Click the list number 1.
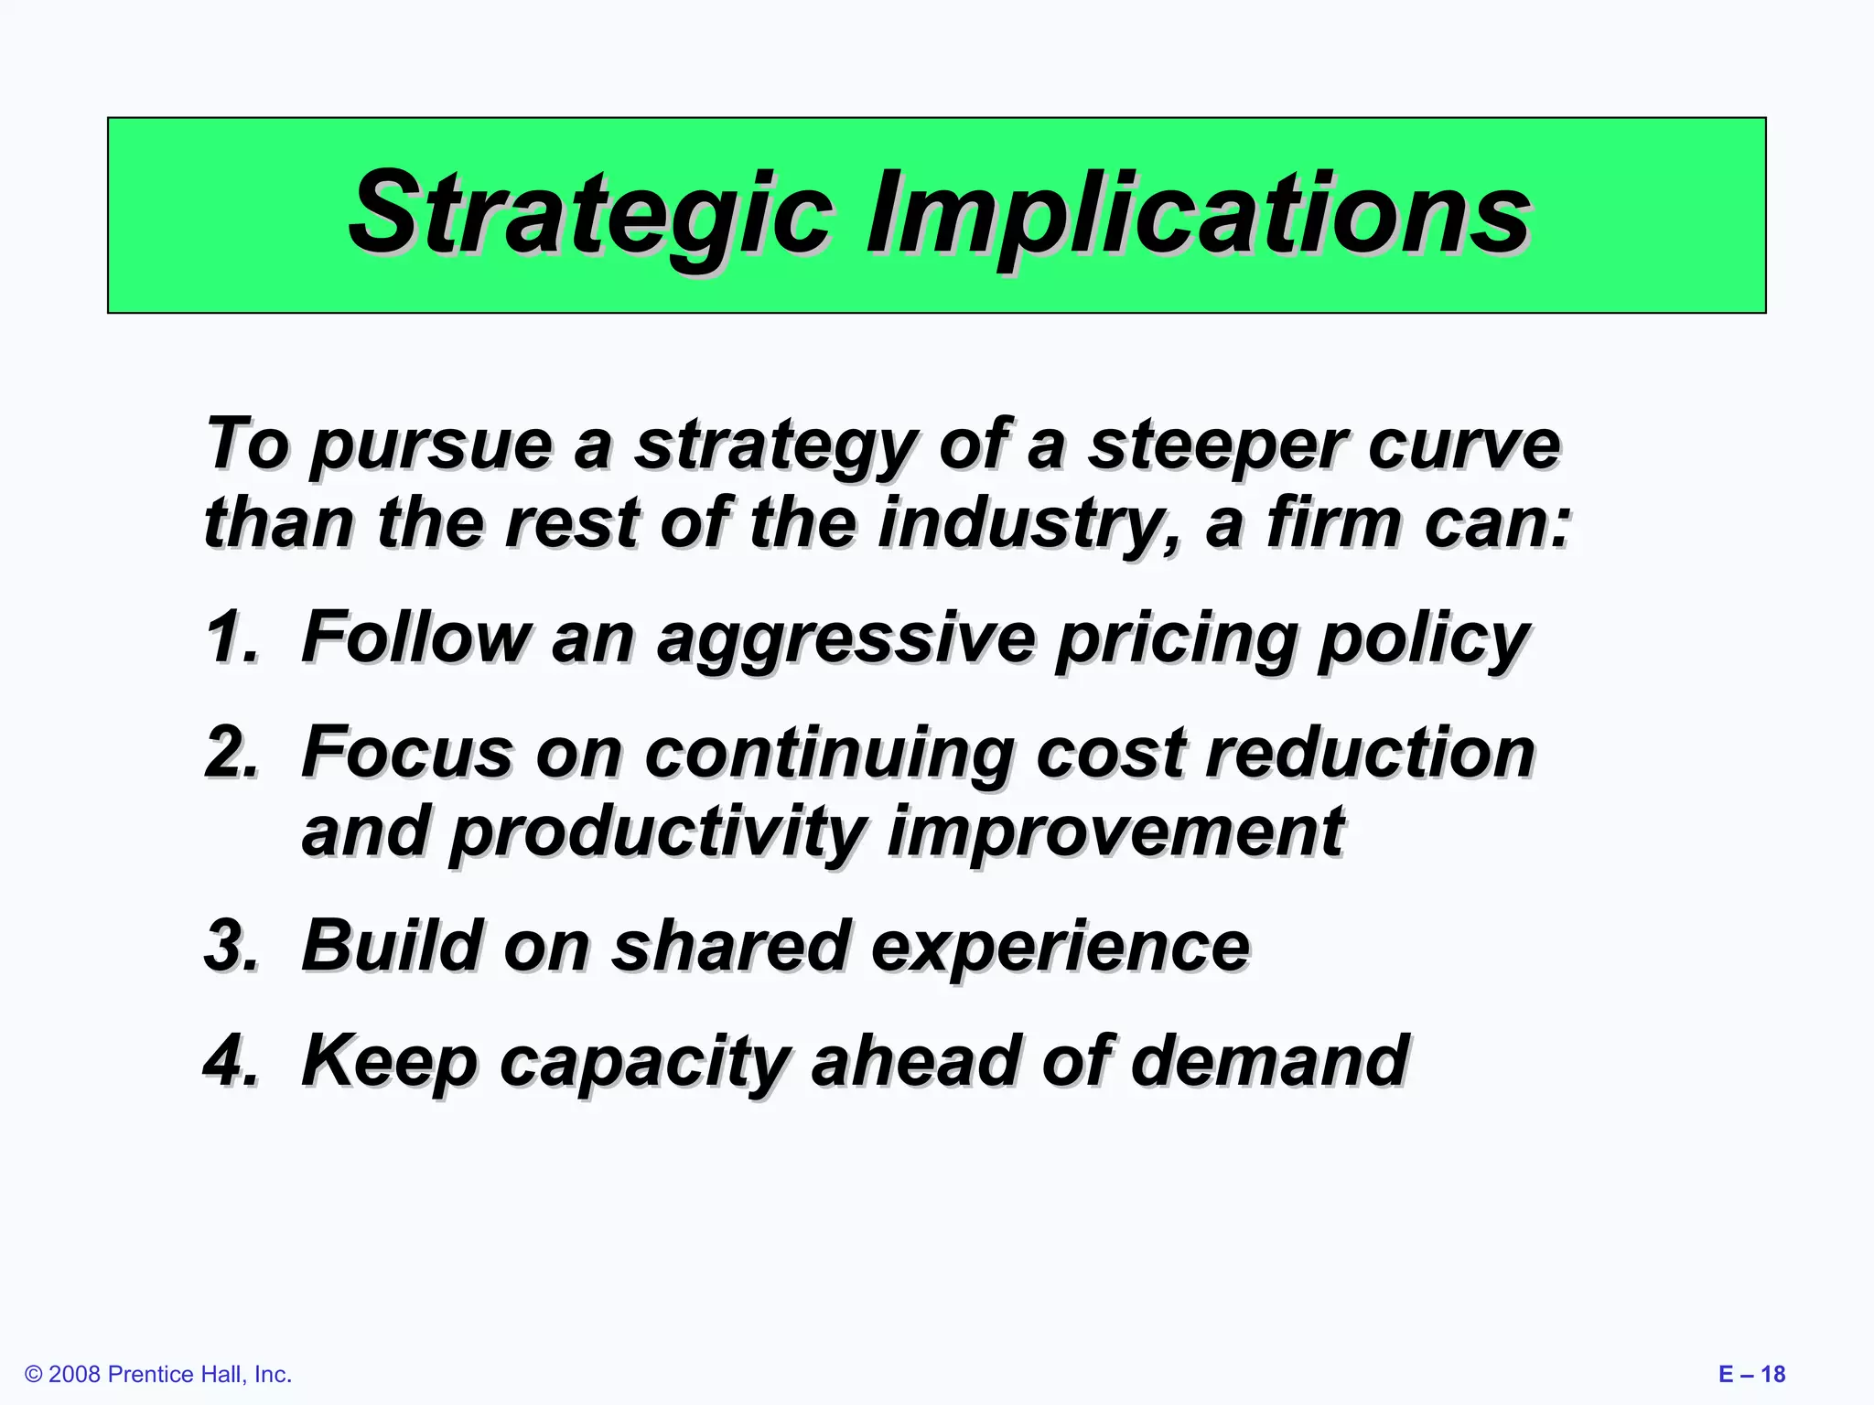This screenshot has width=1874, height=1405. tap(231, 637)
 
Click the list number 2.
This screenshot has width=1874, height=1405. tap(231, 752)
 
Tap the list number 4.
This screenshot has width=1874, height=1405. tap(231, 1060)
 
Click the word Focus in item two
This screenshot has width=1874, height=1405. tap(407, 752)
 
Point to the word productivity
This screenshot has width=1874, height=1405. tap(657, 833)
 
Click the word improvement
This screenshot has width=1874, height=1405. tap(1115, 831)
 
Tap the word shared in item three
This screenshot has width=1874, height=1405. tap(730, 946)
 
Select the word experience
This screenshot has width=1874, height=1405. tap(1060, 948)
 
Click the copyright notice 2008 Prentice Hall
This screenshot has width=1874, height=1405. tap(158, 1374)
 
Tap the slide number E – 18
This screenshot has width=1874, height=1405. tap(1751, 1374)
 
